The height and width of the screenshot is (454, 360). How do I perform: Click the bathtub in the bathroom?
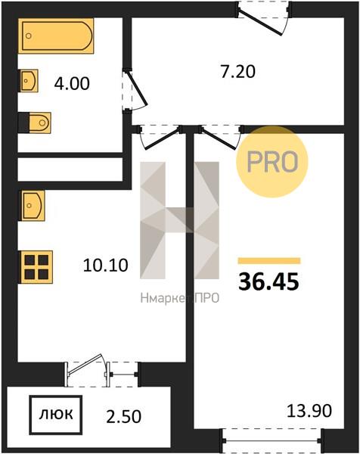pyautogui.click(x=56, y=36)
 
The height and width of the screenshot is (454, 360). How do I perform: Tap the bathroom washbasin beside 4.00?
pyautogui.click(x=29, y=80)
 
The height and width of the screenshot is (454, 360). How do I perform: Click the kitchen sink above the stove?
pyautogui.click(x=32, y=206)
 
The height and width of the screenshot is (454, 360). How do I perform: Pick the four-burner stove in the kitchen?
pyautogui.click(x=36, y=267)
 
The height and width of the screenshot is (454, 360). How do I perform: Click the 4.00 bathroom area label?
pyautogui.click(x=72, y=84)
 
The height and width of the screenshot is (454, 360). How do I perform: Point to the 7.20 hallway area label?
pyautogui.click(x=238, y=72)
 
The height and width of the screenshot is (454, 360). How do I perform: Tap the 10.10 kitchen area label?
pyautogui.click(x=105, y=266)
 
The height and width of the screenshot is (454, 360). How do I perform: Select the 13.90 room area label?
pyautogui.click(x=309, y=411)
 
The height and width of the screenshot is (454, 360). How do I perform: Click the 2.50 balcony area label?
pyautogui.click(x=124, y=416)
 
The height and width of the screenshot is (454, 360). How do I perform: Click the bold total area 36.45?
pyautogui.click(x=268, y=282)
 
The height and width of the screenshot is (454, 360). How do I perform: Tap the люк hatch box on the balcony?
pyautogui.click(x=56, y=415)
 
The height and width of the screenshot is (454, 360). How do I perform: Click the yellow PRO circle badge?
pyautogui.click(x=272, y=162)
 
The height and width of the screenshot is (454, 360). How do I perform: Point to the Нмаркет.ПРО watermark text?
pyautogui.click(x=179, y=298)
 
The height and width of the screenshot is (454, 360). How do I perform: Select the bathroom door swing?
pyautogui.click(x=135, y=90)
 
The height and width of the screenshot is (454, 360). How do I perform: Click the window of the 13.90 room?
pyautogui.click(x=272, y=440)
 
